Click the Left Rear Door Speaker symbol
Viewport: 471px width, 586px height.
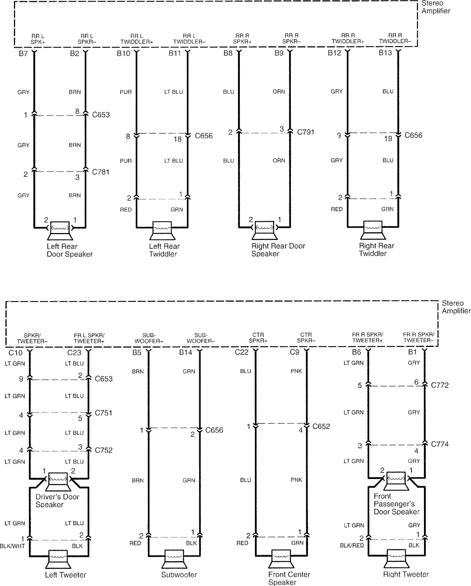click(60, 231)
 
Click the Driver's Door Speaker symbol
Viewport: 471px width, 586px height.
click(58, 482)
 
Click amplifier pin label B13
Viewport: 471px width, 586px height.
click(386, 53)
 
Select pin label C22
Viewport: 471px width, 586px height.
click(242, 352)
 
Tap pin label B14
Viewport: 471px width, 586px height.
click(186, 352)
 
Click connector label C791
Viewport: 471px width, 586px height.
click(306, 132)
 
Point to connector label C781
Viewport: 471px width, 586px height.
click(101, 172)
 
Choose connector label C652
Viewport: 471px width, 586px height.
click(321, 426)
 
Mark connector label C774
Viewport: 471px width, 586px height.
click(440, 444)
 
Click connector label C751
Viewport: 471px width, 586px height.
click(103, 413)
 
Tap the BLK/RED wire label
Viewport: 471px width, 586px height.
click(352, 545)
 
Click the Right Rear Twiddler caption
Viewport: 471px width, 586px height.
click(376, 250)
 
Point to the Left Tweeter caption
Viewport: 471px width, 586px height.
click(65, 575)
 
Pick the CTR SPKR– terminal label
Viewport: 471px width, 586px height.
click(306, 338)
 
